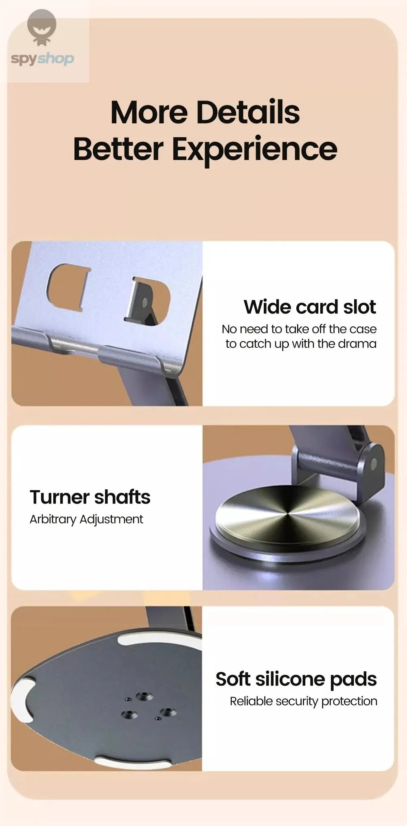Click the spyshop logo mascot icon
click(42, 28)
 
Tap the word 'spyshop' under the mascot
click(42, 59)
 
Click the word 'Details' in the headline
click(248, 112)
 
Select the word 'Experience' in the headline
click(254, 149)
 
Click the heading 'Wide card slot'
click(310, 307)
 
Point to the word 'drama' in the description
click(357, 344)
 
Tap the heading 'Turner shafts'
click(90, 497)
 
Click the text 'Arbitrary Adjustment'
click(86, 519)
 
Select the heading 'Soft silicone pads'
click(296, 679)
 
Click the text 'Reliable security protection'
click(304, 701)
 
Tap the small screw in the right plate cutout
click(144, 302)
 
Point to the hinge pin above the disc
click(374, 462)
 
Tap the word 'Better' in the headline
click(118, 149)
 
